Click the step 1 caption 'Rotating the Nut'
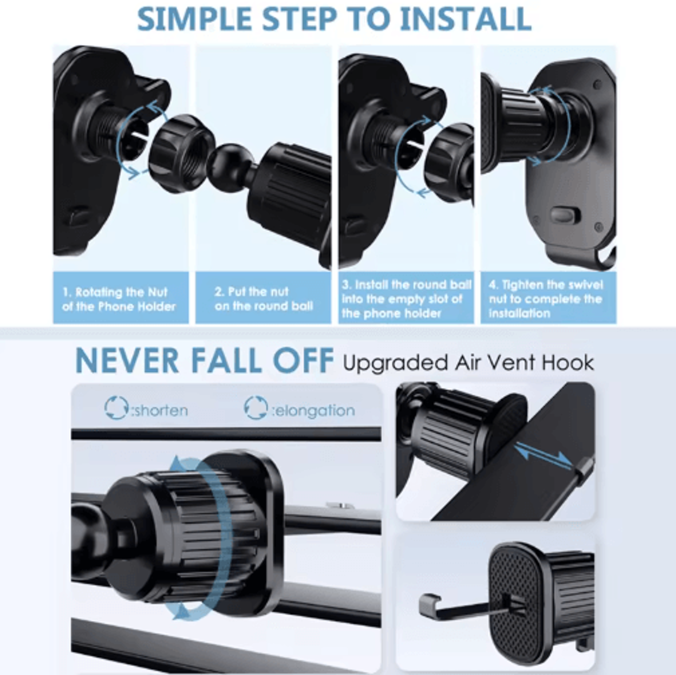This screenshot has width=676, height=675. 119,299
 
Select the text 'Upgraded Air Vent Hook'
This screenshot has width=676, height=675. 468,362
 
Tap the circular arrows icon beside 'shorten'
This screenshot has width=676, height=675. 117,408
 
